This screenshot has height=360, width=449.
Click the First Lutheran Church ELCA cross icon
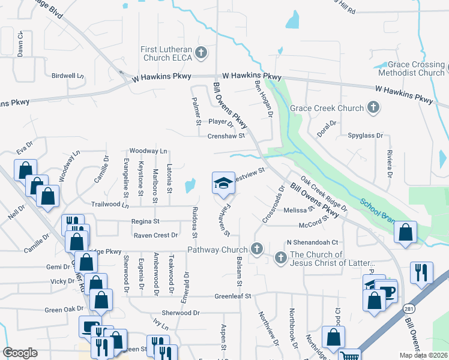(201, 53)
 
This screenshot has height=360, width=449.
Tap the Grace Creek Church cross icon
(373, 108)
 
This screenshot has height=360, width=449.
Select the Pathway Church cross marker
(257, 249)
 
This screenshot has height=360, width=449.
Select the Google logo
(20, 353)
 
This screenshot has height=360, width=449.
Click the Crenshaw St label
(226, 136)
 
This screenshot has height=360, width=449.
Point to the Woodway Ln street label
(148, 151)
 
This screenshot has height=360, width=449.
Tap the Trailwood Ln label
(110, 205)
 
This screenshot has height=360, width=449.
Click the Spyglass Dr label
(365, 136)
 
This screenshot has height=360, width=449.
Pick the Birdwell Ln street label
(68, 76)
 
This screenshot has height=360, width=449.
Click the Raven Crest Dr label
(155, 235)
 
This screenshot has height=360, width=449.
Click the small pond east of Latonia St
(191, 185)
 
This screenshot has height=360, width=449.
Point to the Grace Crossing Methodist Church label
(416, 68)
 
